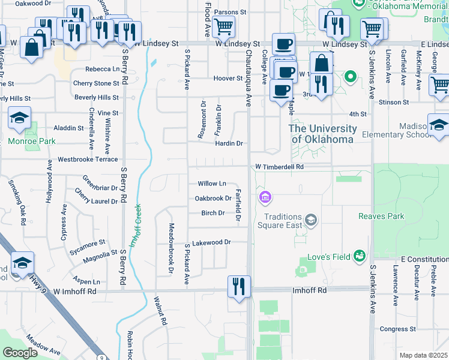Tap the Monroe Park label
click(31, 142)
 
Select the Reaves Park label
click(381, 216)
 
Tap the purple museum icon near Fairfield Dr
click(265, 197)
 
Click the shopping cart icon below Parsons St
click(223, 26)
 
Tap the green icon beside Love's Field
click(360, 257)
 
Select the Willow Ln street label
click(212, 184)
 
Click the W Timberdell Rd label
click(279, 167)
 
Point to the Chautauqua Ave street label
click(248, 78)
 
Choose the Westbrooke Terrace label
click(88, 160)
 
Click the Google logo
click(20, 353)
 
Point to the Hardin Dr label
click(229, 143)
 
